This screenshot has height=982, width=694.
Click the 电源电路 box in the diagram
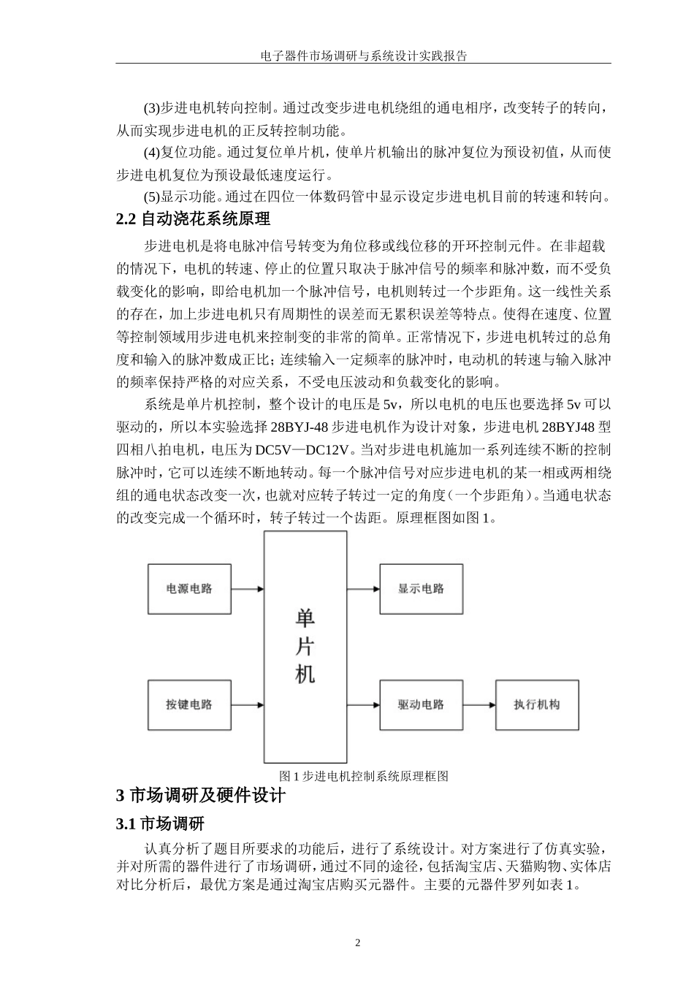coord(189,589)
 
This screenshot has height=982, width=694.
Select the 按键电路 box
coord(189,705)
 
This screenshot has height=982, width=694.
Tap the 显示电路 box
coord(421,589)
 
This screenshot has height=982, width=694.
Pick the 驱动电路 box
coord(421,705)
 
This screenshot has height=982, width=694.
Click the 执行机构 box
coord(537,705)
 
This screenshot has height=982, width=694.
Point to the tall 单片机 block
coord(305,647)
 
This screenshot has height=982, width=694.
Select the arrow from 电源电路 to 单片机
coord(247,589)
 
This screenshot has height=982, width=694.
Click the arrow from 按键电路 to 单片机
coord(247,705)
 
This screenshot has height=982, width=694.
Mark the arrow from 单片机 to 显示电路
coord(363,589)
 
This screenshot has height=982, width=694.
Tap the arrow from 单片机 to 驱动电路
coord(363,705)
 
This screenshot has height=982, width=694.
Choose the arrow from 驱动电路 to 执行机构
coord(479,705)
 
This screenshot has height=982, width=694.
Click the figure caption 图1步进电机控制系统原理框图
coord(363,776)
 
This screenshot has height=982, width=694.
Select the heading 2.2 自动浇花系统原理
coord(193,218)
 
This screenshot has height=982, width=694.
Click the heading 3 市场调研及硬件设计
coord(200,796)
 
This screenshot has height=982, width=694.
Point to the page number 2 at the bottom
coord(358,943)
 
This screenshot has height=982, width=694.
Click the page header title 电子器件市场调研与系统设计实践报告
coord(363,55)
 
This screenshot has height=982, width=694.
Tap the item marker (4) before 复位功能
coord(151,153)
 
